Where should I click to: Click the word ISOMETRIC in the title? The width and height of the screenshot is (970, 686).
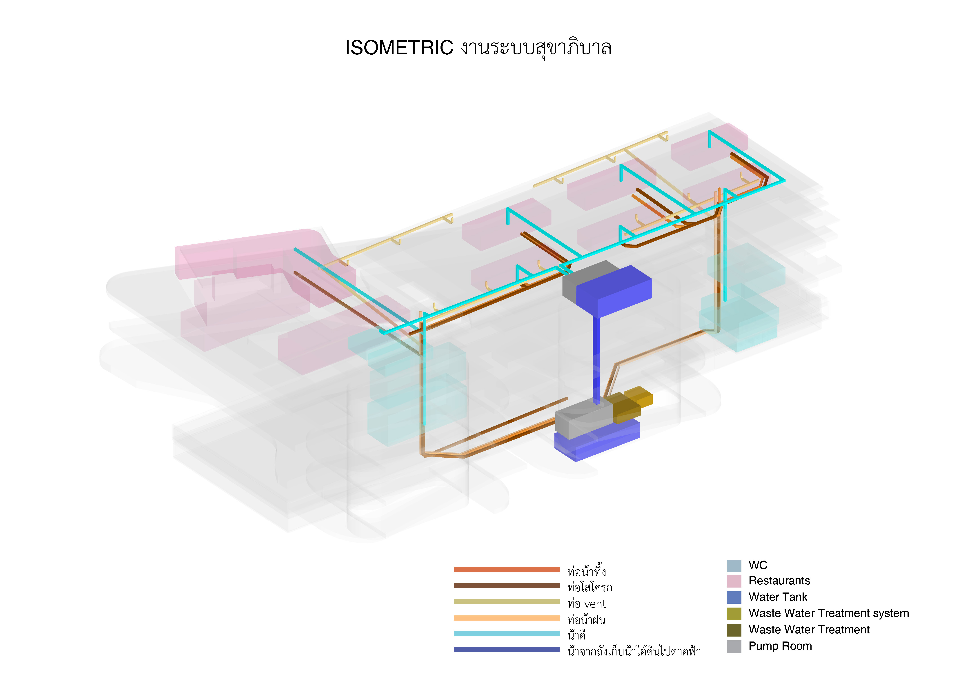(399, 48)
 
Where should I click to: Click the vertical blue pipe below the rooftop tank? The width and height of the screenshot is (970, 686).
(596, 359)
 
